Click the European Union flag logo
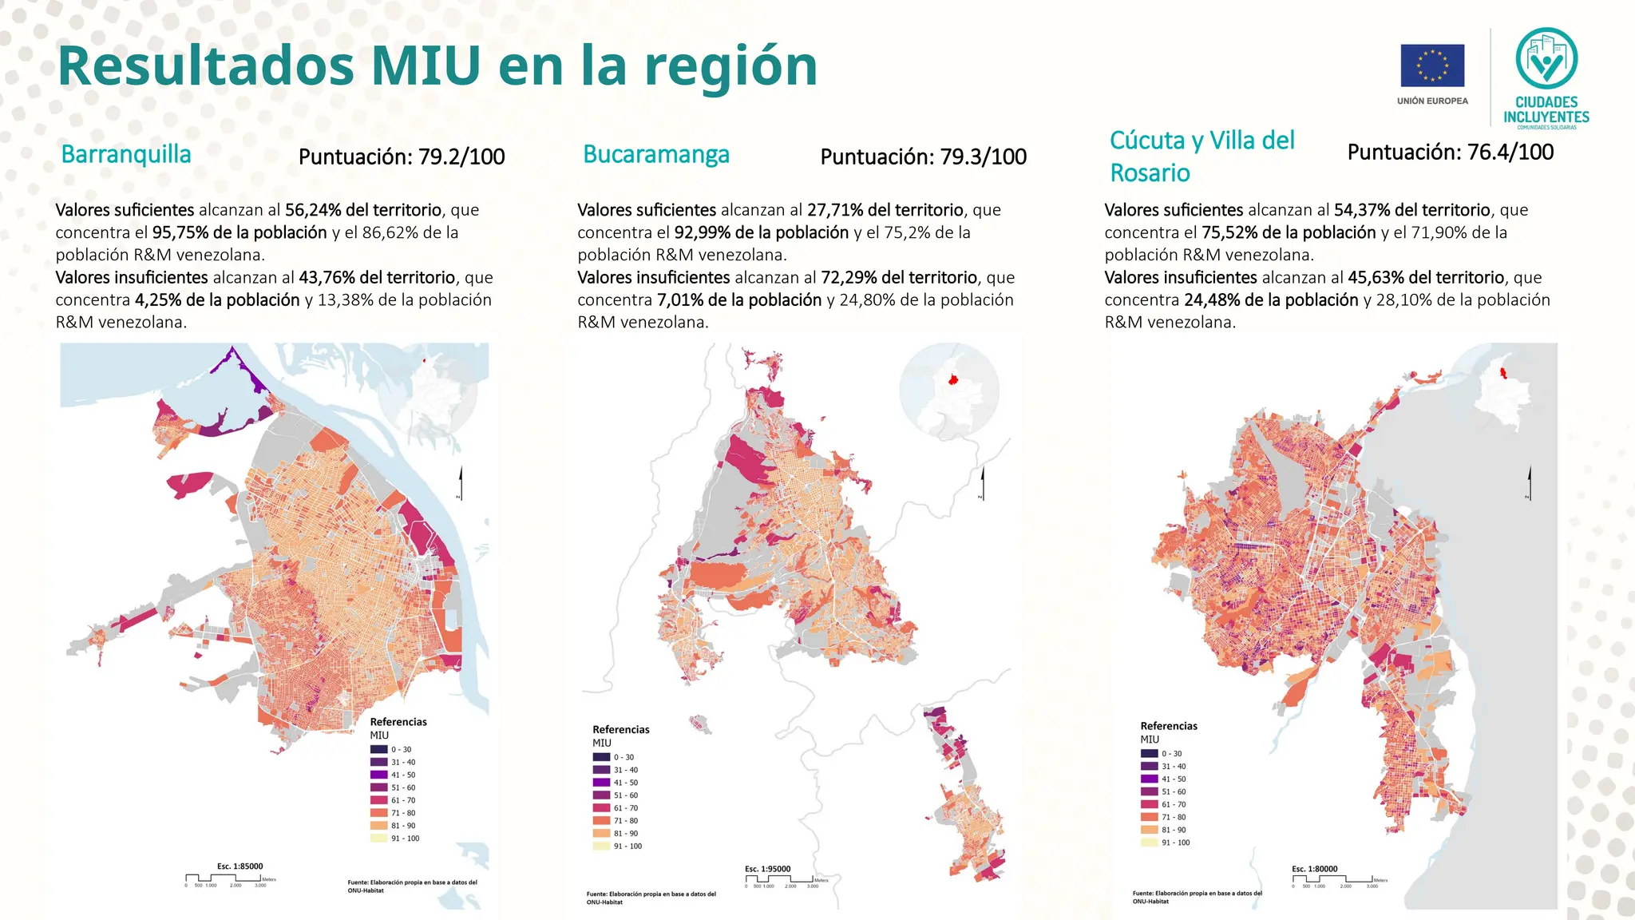pyautogui.click(x=1432, y=65)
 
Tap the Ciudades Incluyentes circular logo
pyautogui.click(x=1546, y=58)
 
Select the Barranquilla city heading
pyautogui.click(x=126, y=154)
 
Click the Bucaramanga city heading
pyautogui.click(x=656, y=154)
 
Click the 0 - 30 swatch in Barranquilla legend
pyautogui.click(x=378, y=749)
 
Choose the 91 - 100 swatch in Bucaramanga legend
pyautogui.click(x=601, y=846)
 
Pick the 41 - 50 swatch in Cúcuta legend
pyautogui.click(x=1149, y=779)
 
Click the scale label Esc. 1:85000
pyautogui.click(x=240, y=866)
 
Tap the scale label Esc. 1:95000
pyautogui.click(x=767, y=869)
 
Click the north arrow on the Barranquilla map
pyautogui.click(x=461, y=482)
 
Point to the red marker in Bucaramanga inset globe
pyautogui.click(x=952, y=379)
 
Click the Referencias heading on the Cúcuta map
pyautogui.click(x=1169, y=726)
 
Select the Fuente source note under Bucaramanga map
pyautogui.click(x=651, y=898)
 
